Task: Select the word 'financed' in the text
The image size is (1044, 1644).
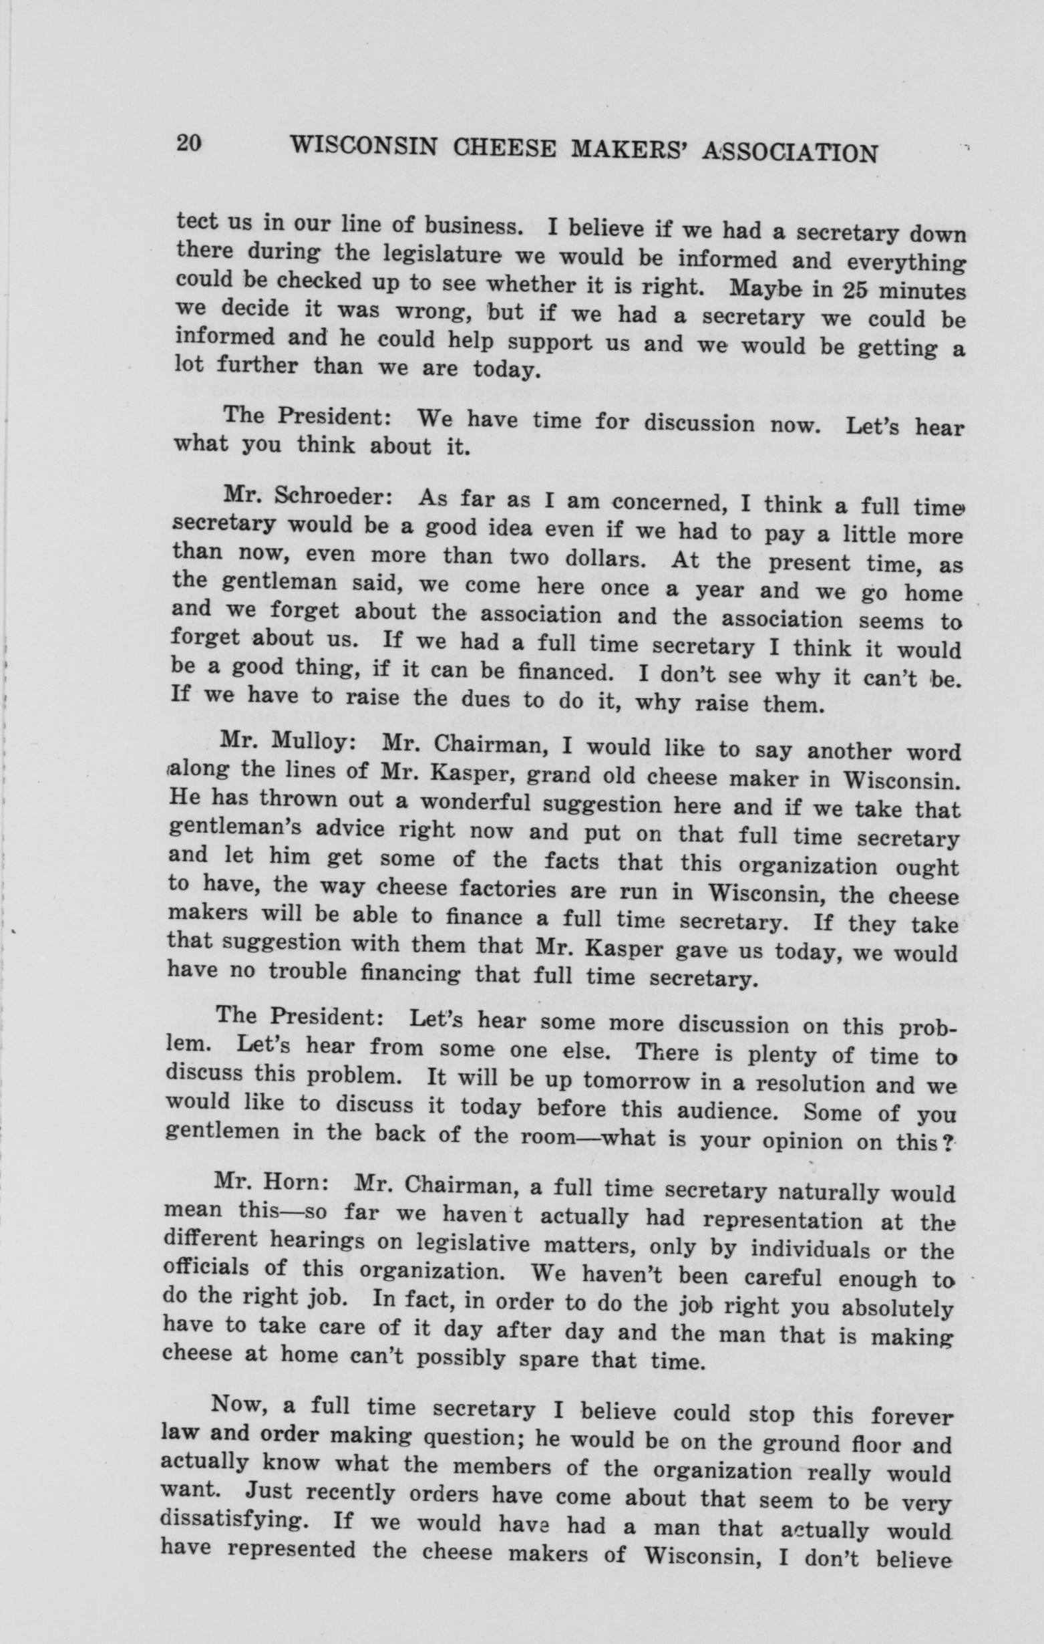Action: click(x=559, y=673)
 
